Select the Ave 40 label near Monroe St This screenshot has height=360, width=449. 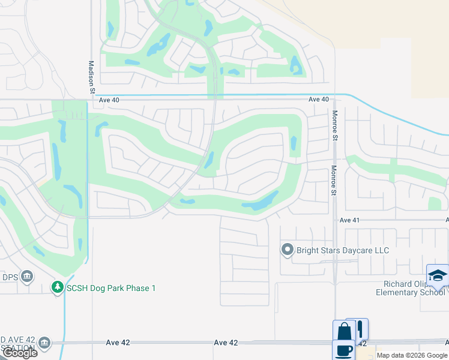point(319,100)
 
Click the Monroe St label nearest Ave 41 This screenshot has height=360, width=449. point(333,179)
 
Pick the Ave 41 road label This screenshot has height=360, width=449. point(349,220)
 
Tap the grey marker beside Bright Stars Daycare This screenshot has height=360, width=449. point(288,250)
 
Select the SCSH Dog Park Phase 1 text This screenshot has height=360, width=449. point(111,288)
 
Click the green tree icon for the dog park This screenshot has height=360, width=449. point(57,288)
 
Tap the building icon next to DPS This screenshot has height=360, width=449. point(26,277)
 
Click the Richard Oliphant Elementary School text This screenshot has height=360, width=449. point(410,288)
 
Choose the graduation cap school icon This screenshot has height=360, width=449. point(437,275)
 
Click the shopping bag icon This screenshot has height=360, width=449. point(344,331)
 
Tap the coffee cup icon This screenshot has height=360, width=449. point(343,350)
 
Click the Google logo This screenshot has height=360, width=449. point(20,353)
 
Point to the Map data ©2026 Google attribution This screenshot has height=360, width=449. point(412,355)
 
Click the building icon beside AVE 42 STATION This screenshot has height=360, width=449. point(44,343)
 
